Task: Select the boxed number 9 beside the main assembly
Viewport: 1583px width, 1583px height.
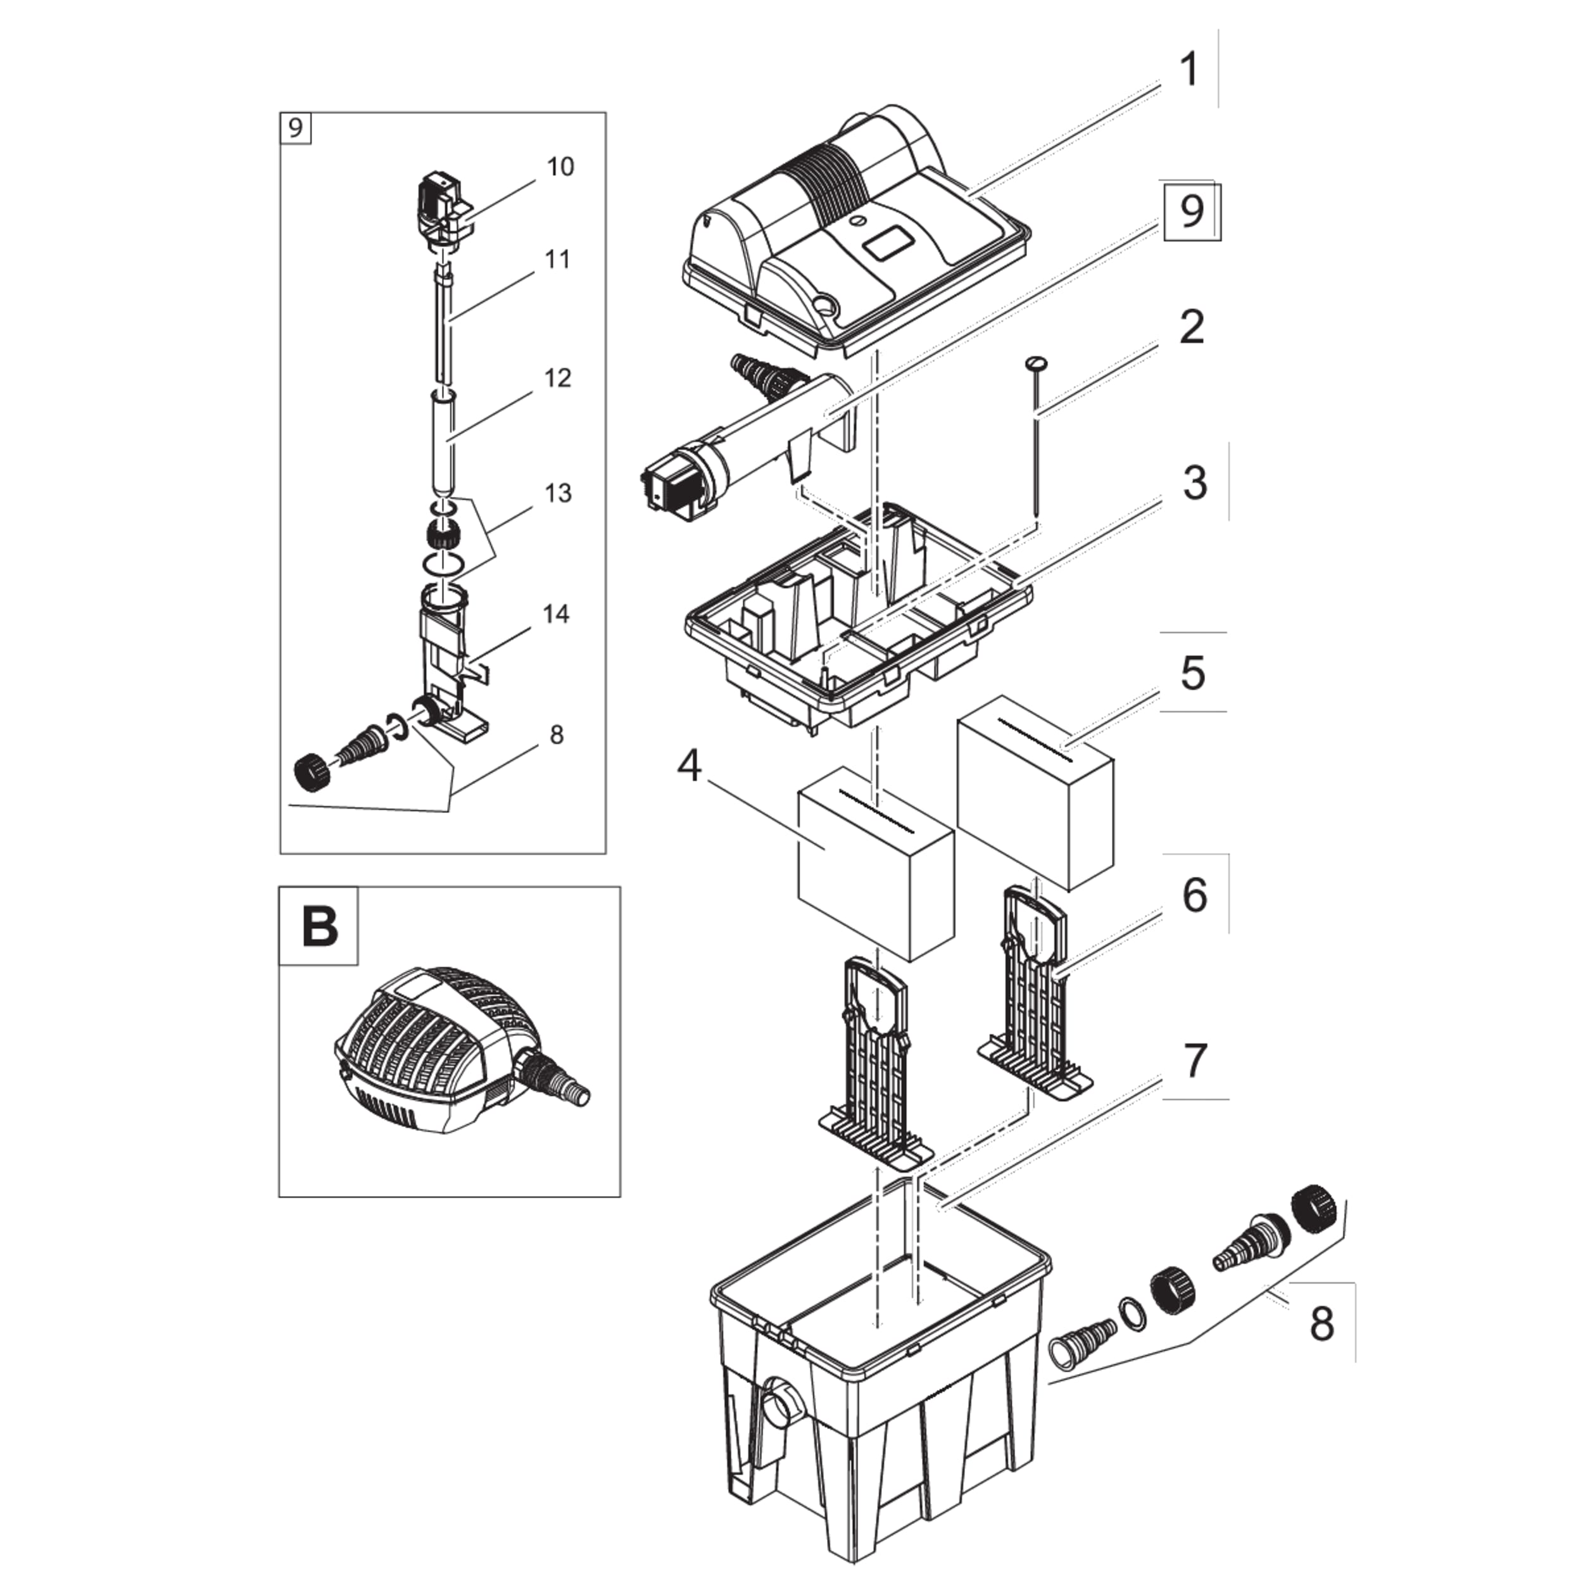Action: pyautogui.click(x=1192, y=211)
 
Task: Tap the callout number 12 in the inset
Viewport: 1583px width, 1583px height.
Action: pyautogui.click(x=557, y=378)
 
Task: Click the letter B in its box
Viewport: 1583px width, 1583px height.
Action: pyautogui.click(x=320, y=927)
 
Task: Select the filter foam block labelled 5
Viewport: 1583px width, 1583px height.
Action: pyautogui.click(x=1035, y=791)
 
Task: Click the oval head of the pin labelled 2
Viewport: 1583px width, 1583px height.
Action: pyautogui.click(x=1037, y=362)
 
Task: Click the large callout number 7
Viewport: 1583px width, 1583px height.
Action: pyautogui.click(x=1195, y=1061)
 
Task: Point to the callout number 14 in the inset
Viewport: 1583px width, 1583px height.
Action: pyautogui.click(x=555, y=614)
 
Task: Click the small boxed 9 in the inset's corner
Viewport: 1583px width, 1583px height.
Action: pyautogui.click(x=296, y=128)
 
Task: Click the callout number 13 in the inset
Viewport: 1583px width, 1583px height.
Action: pyautogui.click(x=557, y=493)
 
